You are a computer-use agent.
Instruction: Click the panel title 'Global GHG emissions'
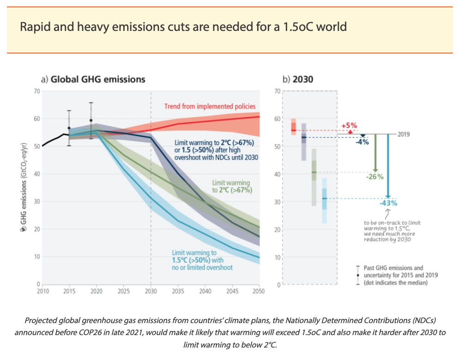(97, 79)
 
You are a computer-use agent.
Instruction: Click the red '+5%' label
(349, 126)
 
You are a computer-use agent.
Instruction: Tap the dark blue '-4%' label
(362, 142)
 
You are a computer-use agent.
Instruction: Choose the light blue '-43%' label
(388, 203)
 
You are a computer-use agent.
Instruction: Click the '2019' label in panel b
(403, 134)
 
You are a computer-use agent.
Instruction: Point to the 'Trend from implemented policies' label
(210, 107)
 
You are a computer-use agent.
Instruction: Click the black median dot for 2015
(69, 128)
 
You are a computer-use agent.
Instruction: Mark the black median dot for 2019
(91, 120)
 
